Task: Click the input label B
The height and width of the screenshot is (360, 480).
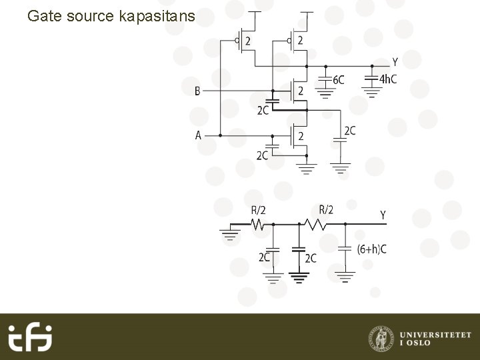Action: point(197,91)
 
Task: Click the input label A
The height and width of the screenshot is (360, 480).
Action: point(198,135)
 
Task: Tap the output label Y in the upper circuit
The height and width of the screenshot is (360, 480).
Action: point(395,62)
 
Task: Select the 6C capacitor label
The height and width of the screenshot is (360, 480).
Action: point(338,79)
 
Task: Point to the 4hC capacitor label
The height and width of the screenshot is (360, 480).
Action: point(387,79)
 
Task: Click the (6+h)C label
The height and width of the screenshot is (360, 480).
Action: point(371,249)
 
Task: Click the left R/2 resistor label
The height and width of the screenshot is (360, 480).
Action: point(258,210)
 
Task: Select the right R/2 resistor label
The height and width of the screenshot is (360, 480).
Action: point(326,210)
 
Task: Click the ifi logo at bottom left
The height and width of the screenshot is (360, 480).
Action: point(30,337)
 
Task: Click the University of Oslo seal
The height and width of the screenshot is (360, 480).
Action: point(381,337)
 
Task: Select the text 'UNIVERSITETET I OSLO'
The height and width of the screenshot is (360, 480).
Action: point(435,337)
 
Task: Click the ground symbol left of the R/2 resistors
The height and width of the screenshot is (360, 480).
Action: point(231,233)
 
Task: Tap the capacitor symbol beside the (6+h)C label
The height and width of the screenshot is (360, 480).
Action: point(345,249)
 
